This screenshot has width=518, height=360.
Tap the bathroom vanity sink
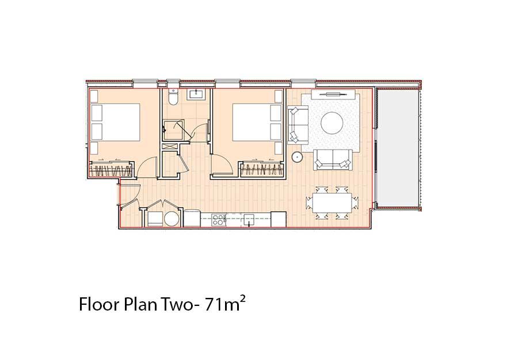pyautogui.click(x=197, y=94)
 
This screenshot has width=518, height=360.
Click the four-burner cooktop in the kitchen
pyautogui.click(x=218, y=220)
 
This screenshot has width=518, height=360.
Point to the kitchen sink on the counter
pyautogui.click(x=249, y=220)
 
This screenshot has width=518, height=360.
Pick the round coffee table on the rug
pyautogui.click(x=332, y=122)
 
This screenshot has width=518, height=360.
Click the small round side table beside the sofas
pyautogui.click(x=297, y=157)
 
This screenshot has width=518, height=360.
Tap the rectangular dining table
pyautogui.click(x=332, y=203)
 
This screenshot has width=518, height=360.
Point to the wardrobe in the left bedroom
pyautogui.click(x=111, y=169)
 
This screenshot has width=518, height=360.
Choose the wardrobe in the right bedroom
pyautogui.click(x=262, y=169)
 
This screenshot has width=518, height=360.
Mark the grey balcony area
pyautogui.click(x=398, y=147)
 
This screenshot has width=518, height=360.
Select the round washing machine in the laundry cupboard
pyautogui.click(x=172, y=219)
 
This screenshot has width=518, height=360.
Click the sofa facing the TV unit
pyautogui.click(x=332, y=160)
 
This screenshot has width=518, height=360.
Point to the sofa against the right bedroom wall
pyautogui.click(x=298, y=125)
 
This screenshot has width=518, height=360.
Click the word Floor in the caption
pyautogui.click(x=99, y=305)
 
